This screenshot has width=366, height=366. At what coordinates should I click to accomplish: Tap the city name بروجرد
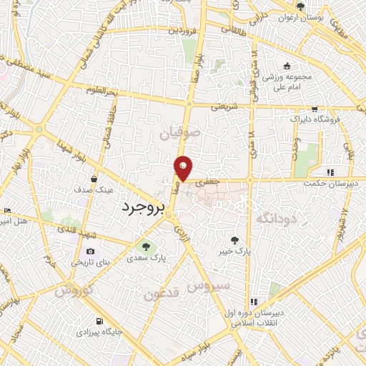pos(139,207)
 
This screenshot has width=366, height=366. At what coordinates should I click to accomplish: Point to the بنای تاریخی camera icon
pos(91,251)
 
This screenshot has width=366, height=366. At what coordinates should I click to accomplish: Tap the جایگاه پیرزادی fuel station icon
pos(99,321)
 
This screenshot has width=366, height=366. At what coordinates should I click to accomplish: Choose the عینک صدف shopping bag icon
pos(94,179)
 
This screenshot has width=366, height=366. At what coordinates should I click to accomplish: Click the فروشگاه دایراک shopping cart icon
pos(315,110)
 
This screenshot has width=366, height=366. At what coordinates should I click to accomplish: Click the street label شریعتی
pos(224,107)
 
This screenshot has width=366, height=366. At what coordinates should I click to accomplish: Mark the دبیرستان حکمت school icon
pos(330,172)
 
